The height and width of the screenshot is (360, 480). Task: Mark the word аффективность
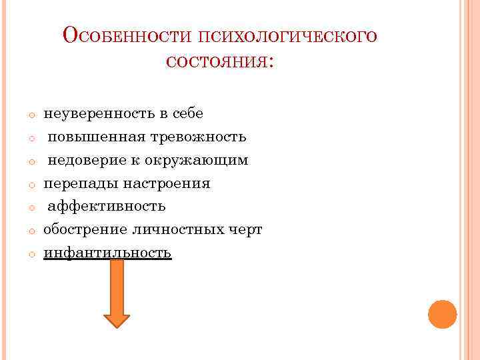coord(106,207)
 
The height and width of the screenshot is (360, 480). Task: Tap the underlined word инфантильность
coord(107,253)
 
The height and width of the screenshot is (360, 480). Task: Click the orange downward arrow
coord(117,293)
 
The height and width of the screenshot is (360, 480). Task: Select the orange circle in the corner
coord(442,313)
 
